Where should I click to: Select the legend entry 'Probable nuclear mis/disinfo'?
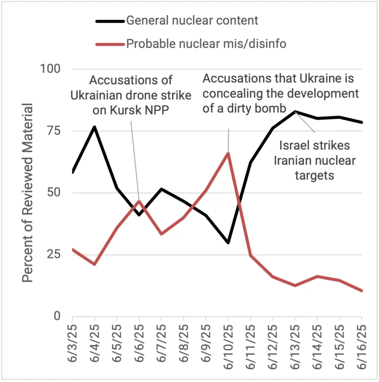pyautogui.click(x=206, y=44)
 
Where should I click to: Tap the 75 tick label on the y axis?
pyautogui.click(x=54, y=131)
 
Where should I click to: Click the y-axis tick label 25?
pyautogui.click(x=54, y=255)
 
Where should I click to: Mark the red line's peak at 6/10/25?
pyautogui.click(x=228, y=153)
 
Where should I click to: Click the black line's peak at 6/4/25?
pyautogui.click(x=95, y=127)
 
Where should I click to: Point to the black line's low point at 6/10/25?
pyautogui.click(x=228, y=243)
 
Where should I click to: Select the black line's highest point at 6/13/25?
pyautogui.click(x=295, y=111)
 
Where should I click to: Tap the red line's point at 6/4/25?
pyautogui.click(x=95, y=264)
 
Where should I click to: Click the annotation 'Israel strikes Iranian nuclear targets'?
pyautogui.click(x=315, y=160)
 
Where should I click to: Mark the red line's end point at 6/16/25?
pyautogui.click(x=362, y=291)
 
